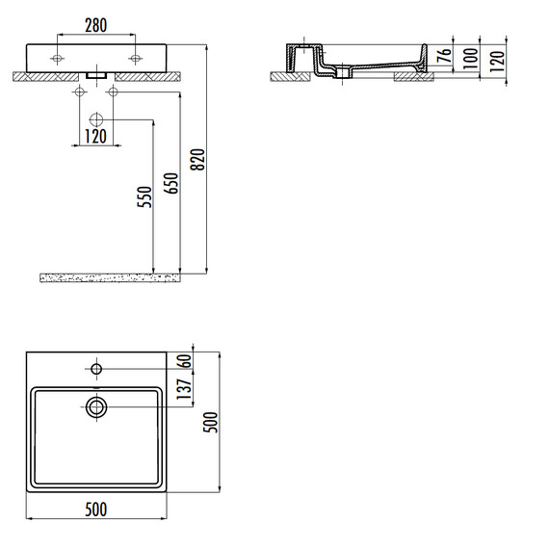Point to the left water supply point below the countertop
click(78, 92)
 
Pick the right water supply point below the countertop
click(113, 92)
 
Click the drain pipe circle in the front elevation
click(95, 119)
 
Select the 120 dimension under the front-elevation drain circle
click(94, 136)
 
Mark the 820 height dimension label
click(199, 165)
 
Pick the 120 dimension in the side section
click(497, 59)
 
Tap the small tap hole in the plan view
click(96, 368)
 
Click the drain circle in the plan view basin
click(96, 406)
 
